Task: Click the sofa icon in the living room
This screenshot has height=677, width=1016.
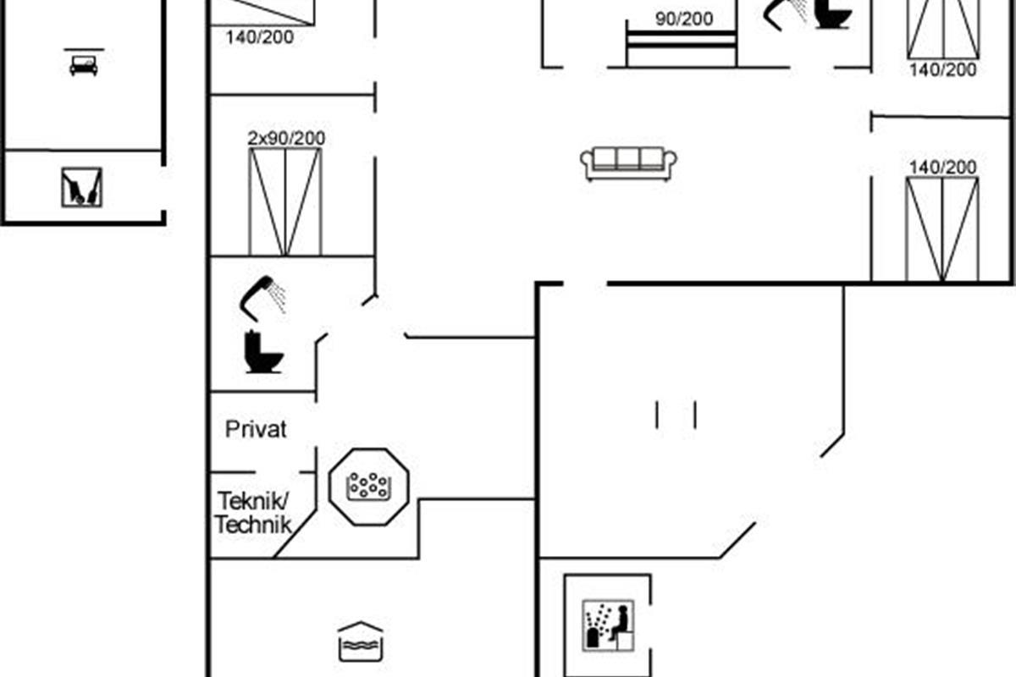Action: pos(628,162)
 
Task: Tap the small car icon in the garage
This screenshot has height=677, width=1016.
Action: pos(84,65)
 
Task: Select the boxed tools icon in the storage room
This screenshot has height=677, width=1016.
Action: pos(82,187)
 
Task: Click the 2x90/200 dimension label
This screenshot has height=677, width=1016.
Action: pos(286,138)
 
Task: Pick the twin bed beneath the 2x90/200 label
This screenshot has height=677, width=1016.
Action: pos(285,201)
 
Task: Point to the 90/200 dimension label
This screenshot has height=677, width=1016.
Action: pos(684,18)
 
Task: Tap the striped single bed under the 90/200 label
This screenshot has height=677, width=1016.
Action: pos(681,47)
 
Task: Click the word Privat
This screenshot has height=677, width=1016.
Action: pos(256,429)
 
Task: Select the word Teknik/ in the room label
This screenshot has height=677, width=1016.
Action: pos(253,498)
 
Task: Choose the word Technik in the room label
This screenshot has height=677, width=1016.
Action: pos(252,524)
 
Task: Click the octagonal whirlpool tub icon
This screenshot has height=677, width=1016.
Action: pos(368,487)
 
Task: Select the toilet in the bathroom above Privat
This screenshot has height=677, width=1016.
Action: pos(261,351)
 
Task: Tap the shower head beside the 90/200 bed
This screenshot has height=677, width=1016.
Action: pos(787,13)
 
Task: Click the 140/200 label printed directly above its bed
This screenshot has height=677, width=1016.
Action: pos(942,167)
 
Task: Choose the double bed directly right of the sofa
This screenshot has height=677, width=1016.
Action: pos(942,228)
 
